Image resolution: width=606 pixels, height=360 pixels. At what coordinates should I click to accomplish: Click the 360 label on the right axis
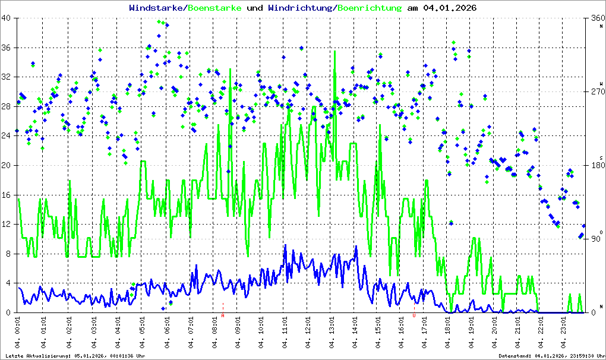[x=596, y=18]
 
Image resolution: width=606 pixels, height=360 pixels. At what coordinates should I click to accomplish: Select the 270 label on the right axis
[x=596, y=91]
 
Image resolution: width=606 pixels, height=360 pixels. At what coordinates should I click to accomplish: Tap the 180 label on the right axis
[x=596, y=165]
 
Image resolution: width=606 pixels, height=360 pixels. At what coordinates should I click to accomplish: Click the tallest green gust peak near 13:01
[x=335, y=52]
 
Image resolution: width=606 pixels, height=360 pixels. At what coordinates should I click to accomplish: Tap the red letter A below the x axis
[x=223, y=316]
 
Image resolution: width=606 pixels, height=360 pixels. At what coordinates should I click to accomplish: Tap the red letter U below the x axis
[x=414, y=316]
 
